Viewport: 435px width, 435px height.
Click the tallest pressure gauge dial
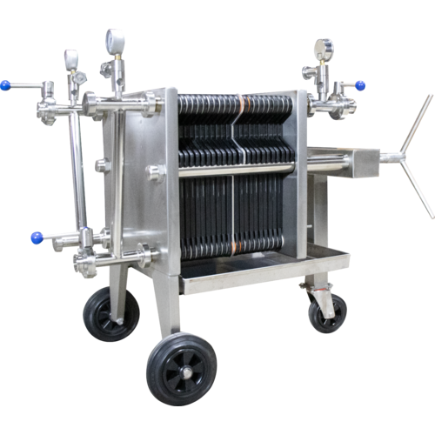(114, 40)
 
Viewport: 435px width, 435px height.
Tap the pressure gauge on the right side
(325, 47)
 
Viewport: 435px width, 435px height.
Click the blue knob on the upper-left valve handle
(5, 86)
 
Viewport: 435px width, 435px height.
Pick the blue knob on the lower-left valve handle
(36, 237)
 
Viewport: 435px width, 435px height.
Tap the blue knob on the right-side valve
(360, 85)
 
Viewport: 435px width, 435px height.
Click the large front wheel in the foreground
(182, 368)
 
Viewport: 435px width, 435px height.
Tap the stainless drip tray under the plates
(261, 270)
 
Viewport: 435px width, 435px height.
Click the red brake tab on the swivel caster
(305, 285)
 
